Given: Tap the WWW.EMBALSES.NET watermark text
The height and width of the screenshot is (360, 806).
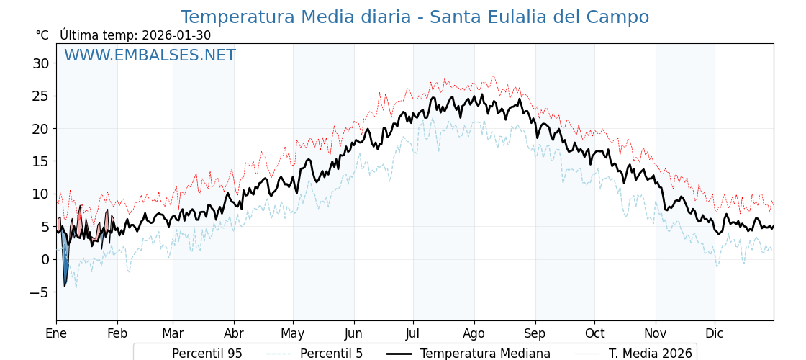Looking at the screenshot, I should pyautogui.click(x=150, y=55).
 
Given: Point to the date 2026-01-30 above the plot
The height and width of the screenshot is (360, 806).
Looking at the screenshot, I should pyautogui.click(x=176, y=35).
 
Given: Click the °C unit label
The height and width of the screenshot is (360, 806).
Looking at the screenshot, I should pyautogui.click(x=42, y=35).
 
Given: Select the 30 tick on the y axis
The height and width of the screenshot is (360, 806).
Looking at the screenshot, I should pyautogui.click(x=40, y=63).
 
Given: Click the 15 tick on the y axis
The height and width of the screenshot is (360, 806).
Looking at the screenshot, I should pyautogui.click(x=40, y=161).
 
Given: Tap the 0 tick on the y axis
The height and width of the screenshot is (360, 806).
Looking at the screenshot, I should pyautogui.click(x=45, y=259).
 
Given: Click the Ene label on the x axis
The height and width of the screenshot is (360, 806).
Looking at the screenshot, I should pyautogui.click(x=56, y=333).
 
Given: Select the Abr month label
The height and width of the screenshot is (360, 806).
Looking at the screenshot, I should pyautogui.click(x=234, y=333).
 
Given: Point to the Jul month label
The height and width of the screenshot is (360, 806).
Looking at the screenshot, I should pyautogui.click(x=413, y=333).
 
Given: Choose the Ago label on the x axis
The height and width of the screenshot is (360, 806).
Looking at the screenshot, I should pyautogui.click(x=474, y=333).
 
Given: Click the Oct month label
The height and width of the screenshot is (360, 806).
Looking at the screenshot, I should pyautogui.click(x=594, y=333).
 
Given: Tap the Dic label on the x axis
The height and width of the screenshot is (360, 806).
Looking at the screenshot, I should pyautogui.click(x=715, y=333).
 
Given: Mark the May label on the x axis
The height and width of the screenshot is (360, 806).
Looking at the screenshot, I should pyautogui.click(x=293, y=333).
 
